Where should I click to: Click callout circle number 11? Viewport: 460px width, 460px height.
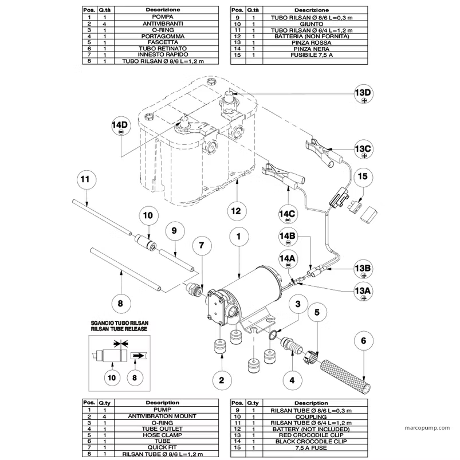(85, 179)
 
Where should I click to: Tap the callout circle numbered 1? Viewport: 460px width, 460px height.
(240, 234)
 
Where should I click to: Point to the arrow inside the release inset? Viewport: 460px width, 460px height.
(138, 355)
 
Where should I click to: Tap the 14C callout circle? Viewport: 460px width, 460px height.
(288, 214)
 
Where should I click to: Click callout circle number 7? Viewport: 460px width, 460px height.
(202, 245)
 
